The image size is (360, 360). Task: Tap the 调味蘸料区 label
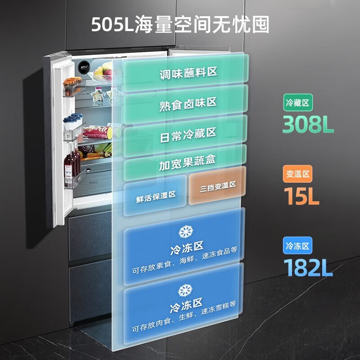[x=188, y=73]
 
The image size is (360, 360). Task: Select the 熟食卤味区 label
[x=188, y=103]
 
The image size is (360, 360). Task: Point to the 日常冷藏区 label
[x=188, y=133]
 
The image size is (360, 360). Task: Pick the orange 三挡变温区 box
[x=218, y=185]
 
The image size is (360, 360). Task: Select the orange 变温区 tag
[x=297, y=174]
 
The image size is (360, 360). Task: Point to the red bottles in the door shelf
[x=72, y=162]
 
